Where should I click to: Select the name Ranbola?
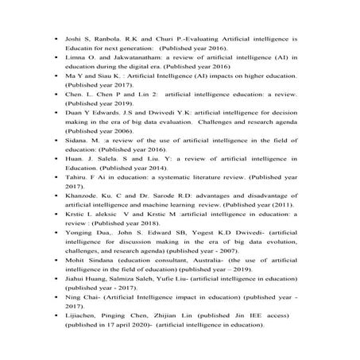pos(109,37)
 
